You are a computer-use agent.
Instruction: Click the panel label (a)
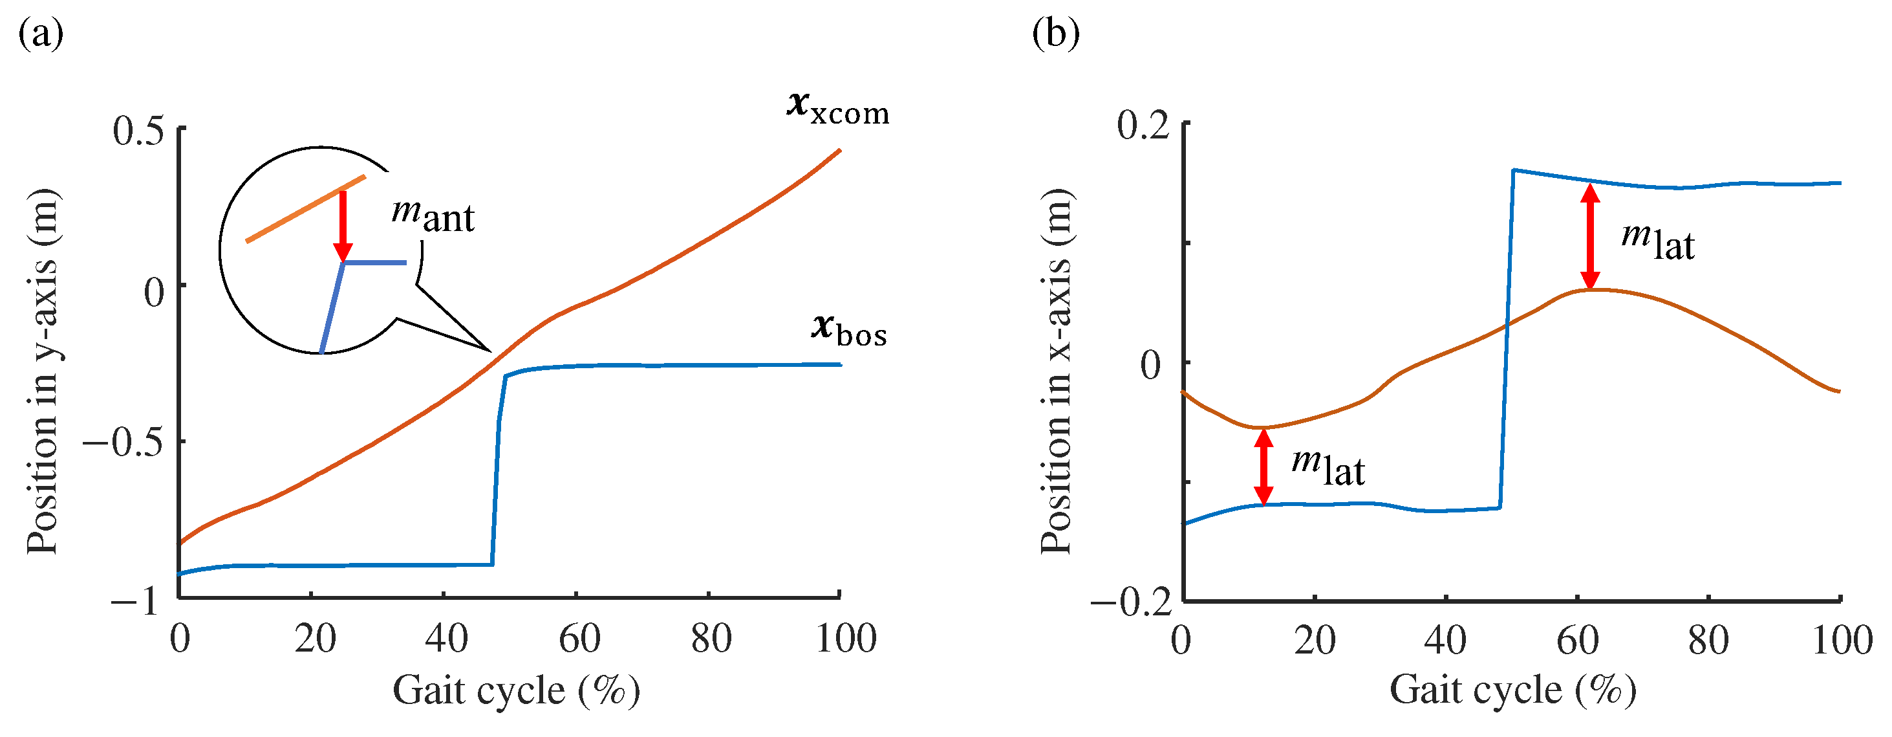click(x=40, y=34)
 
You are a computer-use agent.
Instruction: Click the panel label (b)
click(x=1055, y=34)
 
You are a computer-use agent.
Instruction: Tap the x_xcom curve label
click(x=837, y=108)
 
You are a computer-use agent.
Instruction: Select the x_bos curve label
click(x=849, y=330)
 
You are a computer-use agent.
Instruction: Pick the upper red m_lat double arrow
click(x=1590, y=237)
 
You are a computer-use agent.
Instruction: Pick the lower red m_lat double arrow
click(x=1263, y=467)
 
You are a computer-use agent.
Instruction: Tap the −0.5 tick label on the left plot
click(x=123, y=444)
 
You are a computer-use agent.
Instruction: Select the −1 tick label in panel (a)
click(x=134, y=601)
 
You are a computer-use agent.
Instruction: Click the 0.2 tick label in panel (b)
click(x=1142, y=126)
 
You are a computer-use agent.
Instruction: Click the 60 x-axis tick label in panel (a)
click(x=579, y=639)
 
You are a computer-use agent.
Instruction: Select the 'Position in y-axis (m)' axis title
click(x=42, y=371)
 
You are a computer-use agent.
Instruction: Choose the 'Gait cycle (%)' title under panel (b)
click(x=1513, y=690)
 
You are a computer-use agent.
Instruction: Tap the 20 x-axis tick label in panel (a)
click(x=314, y=639)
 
